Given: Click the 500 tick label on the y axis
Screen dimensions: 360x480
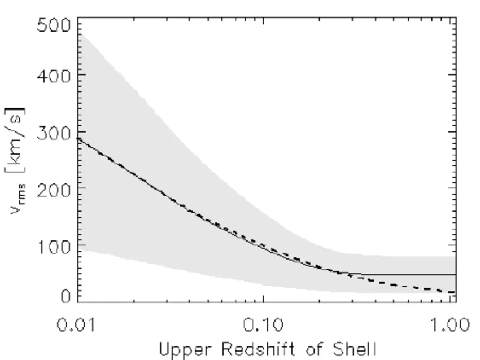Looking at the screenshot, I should point(54,26).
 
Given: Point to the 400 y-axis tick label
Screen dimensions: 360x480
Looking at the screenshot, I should point(54,75).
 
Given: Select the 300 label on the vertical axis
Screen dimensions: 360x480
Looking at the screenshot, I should point(54,132).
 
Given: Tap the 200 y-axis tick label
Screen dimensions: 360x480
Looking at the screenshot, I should point(54,188).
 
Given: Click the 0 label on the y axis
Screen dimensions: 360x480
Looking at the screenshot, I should point(67,296).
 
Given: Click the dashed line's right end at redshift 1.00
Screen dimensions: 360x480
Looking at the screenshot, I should point(455,292).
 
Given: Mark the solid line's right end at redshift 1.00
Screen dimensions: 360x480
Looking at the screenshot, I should point(455,274).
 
